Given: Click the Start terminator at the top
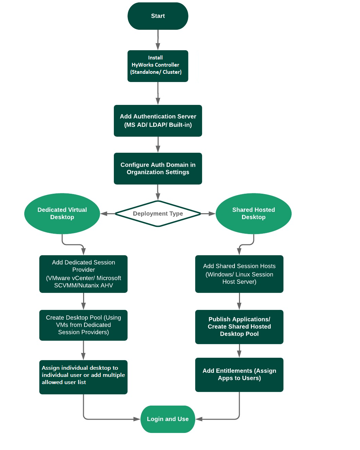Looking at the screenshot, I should [x=158, y=16].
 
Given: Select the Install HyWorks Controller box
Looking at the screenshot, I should [x=158, y=66].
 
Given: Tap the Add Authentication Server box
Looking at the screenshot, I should [x=158, y=121].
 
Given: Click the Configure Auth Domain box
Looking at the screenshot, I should [x=158, y=168].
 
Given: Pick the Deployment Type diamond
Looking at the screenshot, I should [x=158, y=214].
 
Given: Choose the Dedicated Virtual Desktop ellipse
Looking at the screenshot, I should [x=62, y=214].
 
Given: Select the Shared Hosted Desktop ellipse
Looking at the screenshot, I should [x=253, y=214].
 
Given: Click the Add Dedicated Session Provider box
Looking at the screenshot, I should [x=83, y=274].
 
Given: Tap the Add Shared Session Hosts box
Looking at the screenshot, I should [x=239, y=274].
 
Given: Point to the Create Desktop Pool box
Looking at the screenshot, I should [x=83, y=325].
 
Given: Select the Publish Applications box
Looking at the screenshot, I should [x=239, y=327].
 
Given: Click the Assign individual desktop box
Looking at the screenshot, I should [x=83, y=377].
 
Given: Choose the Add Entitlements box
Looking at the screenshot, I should [x=239, y=374].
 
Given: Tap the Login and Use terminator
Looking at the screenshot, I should [x=168, y=419].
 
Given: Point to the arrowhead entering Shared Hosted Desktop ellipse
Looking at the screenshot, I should [x=212, y=214].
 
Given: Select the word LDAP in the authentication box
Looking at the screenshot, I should [x=157, y=125].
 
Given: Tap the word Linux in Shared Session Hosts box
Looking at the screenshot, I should [x=245, y=274].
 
